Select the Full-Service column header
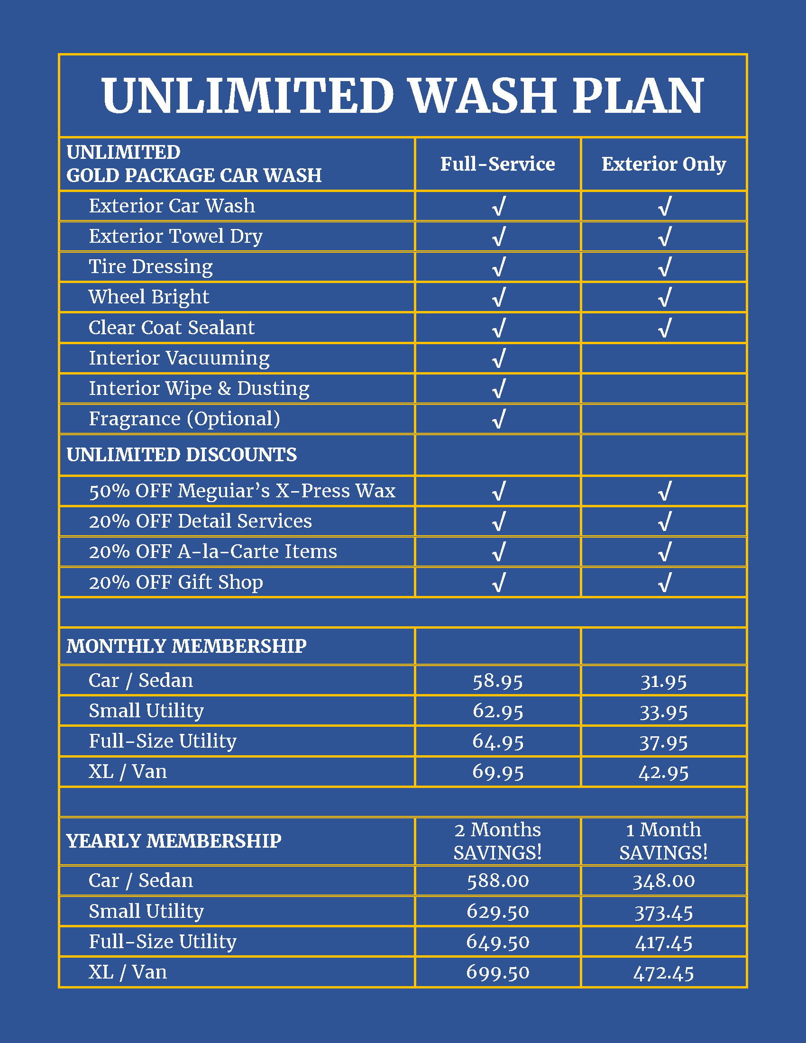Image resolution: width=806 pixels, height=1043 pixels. (497, 165)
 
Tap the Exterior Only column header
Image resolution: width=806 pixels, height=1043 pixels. (663, 165)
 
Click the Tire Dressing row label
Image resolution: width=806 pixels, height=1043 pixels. (150, 266)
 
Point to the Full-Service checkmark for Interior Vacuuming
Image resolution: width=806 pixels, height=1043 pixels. (498, 358)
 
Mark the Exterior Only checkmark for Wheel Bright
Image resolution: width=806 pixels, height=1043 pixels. (664, 297)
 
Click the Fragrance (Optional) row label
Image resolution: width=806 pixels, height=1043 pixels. (184, 419)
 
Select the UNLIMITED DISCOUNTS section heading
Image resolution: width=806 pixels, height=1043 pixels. (182, 455)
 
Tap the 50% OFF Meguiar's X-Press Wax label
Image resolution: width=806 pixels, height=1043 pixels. (242, 491)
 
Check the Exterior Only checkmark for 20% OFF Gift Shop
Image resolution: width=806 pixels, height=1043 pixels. (664, 582)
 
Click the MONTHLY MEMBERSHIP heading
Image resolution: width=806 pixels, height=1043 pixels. (186, 646)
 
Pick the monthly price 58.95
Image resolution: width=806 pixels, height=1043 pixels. (497, 681)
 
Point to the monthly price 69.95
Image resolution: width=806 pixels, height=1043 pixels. (497, 772)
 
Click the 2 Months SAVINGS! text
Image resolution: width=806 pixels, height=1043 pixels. (497, 841)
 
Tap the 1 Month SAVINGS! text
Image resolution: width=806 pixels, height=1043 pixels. (663, 841)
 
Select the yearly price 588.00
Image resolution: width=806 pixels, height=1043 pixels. (497, 881)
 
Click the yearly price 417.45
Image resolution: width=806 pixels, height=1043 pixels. (663, 942)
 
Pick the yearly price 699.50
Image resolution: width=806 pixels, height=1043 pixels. (497, 972)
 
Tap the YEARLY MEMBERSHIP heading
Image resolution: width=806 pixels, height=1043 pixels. (174, 841)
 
